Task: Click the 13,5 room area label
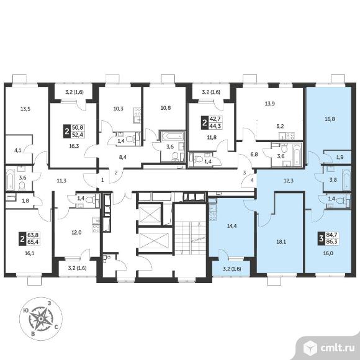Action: click(25, 109)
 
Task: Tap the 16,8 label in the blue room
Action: click(330, 119)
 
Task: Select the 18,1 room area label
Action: click(281, 242)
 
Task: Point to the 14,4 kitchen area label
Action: click(232, 226)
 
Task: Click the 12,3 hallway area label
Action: click(289, 181)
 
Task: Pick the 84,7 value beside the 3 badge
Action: click(332, 235)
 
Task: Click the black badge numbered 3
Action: click(322, 238)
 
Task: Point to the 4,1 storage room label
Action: click(17, 151)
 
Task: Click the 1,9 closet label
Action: click(340, 157)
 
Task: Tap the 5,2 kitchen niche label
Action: click(281, 126)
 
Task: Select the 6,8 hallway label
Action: click(254, 155)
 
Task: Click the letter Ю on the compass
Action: click(26, 310)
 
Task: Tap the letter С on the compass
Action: click(56, 327)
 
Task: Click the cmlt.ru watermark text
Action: click(337, 348)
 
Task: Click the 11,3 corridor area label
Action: click(61, 181)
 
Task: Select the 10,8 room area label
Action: click(166, 107)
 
